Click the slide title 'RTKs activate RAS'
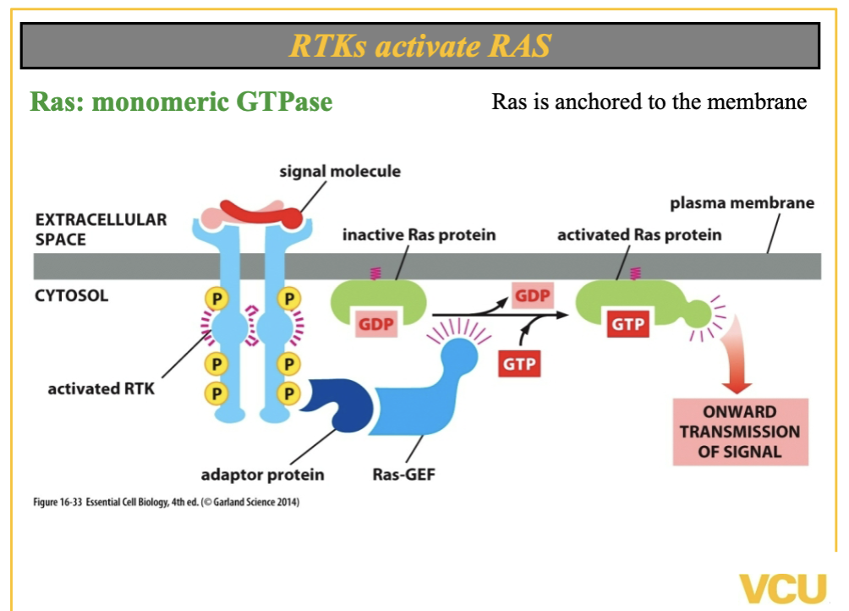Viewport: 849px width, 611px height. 419,45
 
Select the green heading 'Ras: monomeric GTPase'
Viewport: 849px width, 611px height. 181,102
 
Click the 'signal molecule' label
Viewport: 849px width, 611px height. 340,172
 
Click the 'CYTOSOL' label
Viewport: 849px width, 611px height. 72,296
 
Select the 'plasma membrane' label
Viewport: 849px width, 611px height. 742,203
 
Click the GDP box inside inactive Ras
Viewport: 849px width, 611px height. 376,324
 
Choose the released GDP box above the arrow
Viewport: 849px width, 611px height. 533,297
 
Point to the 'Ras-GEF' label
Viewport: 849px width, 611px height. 403,474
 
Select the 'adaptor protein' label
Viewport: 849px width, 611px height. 262,474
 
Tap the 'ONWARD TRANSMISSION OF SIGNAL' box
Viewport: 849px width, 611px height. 740,432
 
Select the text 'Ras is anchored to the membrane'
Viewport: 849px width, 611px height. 649,102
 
